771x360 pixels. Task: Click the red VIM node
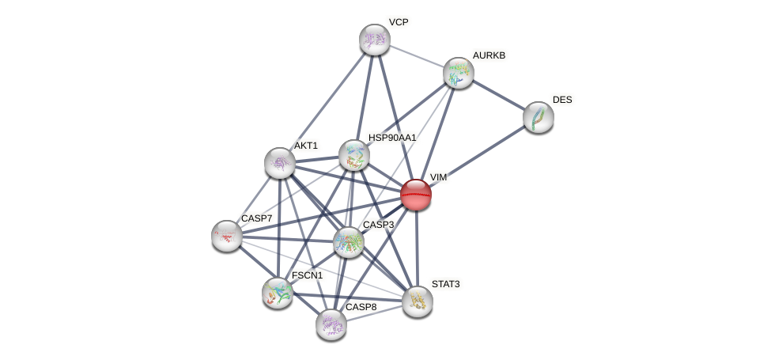click(x=415, y=194)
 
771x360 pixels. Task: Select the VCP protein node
click(x=374, y=40)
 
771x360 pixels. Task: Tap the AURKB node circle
click(x=458, y=73)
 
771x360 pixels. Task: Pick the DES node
click(x=538, y=117)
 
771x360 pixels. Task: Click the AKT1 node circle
click(x=279, y=162)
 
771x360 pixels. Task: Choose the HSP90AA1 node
click(x=353, y=155)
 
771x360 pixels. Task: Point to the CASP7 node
click(x=227, y=235)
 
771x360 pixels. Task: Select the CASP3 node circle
click(x=348, y=242)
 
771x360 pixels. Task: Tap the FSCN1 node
click(x=278, y=292)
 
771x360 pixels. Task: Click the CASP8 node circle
click(x=331, y=324)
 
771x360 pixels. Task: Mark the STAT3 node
click(x=417, y=301)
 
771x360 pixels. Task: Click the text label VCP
click(x=399, y=22)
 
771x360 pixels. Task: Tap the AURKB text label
click(x=489, y=55)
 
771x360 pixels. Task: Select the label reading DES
click(x=562, y=100)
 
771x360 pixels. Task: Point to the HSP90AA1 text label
click(x=391, y=138)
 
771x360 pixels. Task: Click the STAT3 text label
click(x=445, y=284)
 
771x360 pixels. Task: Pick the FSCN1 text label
click(x=307, y=275)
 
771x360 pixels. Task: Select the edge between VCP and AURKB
click(x=416, y=56)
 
